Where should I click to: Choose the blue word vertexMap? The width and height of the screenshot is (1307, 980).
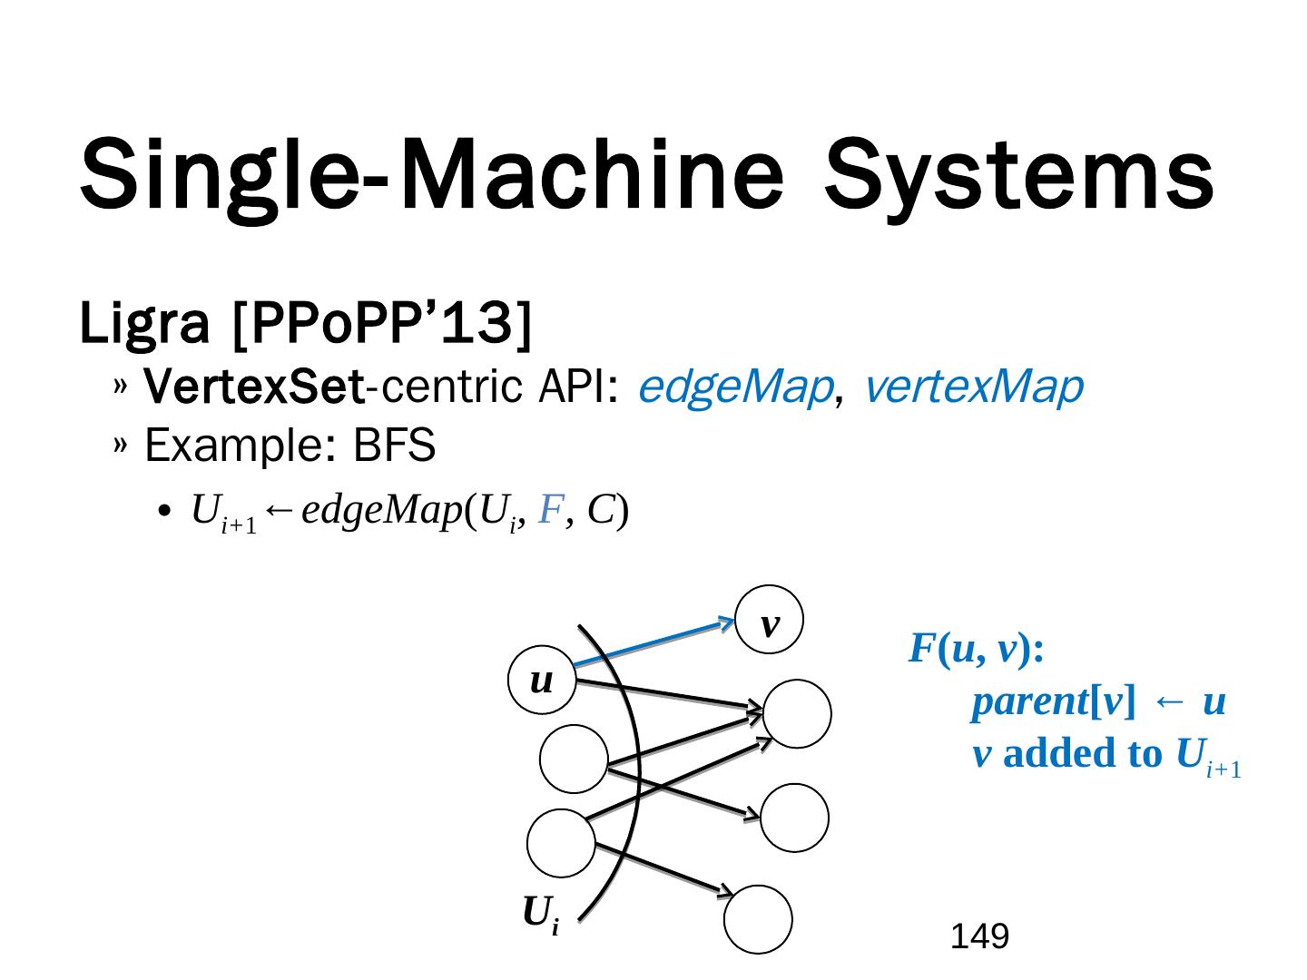(973, 387)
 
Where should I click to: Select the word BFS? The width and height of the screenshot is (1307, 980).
(394, 446)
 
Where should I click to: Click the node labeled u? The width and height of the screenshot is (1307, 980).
(542, 681)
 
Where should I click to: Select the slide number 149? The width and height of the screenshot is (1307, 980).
(979, 936)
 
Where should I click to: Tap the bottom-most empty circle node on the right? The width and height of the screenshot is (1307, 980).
(758, 919)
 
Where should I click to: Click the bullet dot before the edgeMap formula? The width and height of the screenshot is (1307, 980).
(164, 513)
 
